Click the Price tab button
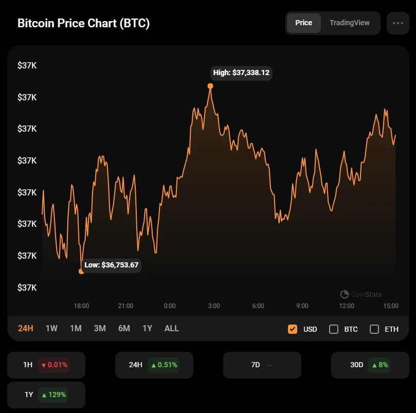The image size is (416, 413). tap(303, 23)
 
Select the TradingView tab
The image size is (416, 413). tap(350, 23)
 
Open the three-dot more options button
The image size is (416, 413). tap(397, 23)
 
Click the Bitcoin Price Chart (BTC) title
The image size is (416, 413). tap(84, 24)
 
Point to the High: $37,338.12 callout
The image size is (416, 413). tap(241, 73)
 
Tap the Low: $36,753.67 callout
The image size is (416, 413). tap(111, 265)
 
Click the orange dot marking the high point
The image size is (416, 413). tap(210, 86)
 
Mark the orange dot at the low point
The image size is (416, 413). tap(81, 271)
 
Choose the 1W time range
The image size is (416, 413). tap(51, 328)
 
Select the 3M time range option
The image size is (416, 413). tap(100, 328)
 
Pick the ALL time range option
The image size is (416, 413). tap(172, 328)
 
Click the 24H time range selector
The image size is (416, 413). tap(26, 328)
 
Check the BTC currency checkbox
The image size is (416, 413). tap(334, 329)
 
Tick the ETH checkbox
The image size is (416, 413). tap(374, 329)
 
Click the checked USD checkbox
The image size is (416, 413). tap(293, 329)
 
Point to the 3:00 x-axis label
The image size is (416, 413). tap(214, 306)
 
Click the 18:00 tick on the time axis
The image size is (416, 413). tap(81, 306)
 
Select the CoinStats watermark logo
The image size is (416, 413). tap(345, 294)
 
